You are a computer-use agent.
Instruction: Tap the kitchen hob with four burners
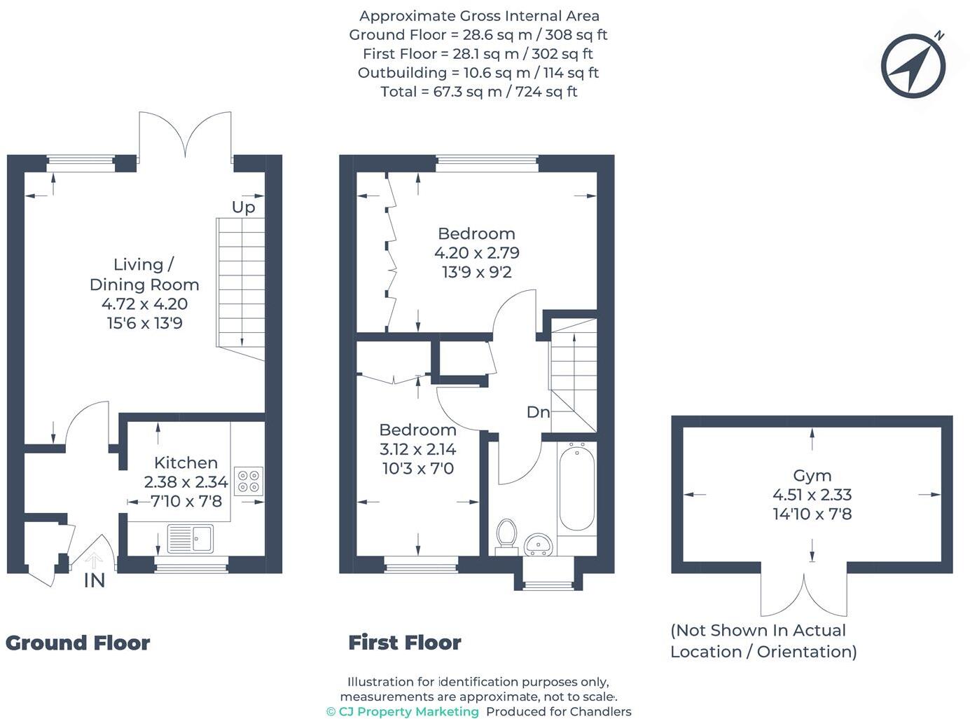coord(249,481)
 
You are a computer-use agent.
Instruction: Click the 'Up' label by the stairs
coord(244,207)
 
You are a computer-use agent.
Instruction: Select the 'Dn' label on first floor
coord(538,412)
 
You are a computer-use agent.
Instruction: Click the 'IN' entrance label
coord(95,581)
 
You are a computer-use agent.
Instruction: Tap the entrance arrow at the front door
coord(93,560)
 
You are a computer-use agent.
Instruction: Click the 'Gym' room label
coord(812,476)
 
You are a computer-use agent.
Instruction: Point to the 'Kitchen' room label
coord(186,463)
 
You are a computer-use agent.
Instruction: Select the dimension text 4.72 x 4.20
coord(144,304)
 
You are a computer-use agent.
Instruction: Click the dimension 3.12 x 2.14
coord(417,449)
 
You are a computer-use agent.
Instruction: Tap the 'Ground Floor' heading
coord(78,643)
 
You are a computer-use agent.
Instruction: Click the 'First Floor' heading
coord(405,643)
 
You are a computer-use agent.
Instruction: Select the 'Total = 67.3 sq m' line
coord(478,92)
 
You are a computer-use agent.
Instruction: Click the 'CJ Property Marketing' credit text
coord(403,711)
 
